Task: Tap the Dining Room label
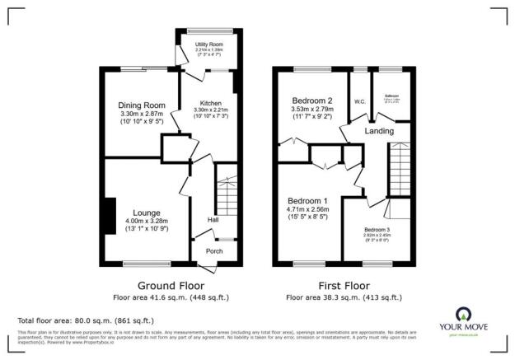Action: coord(140,105)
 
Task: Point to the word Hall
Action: coord(213,220)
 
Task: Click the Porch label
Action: coord(214,251)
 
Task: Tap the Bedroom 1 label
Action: coord(307,200)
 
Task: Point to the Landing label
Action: coord(379,131)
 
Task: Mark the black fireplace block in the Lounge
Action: coord(110,216)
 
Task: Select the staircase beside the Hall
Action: coord(226,199)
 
